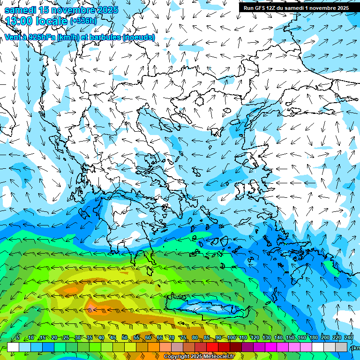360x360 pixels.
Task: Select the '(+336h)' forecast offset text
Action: (x=83, y=21)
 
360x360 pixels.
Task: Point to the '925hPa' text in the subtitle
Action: (x=41, y=37)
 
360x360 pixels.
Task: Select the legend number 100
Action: (x=231, y=338)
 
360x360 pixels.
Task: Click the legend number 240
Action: (x=348, y=338)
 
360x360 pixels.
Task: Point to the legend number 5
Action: (x=18, y=338)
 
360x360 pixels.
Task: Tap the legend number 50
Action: (x=124, y=338)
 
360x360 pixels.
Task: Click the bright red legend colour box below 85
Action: (x=212, y=347)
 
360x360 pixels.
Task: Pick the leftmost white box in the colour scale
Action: (x=13, y=347)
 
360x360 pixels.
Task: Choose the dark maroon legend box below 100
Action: (x=236, y=347)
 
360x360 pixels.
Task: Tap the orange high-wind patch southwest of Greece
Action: (x=94, y=307)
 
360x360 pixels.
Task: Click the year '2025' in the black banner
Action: (x=340, y=8)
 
